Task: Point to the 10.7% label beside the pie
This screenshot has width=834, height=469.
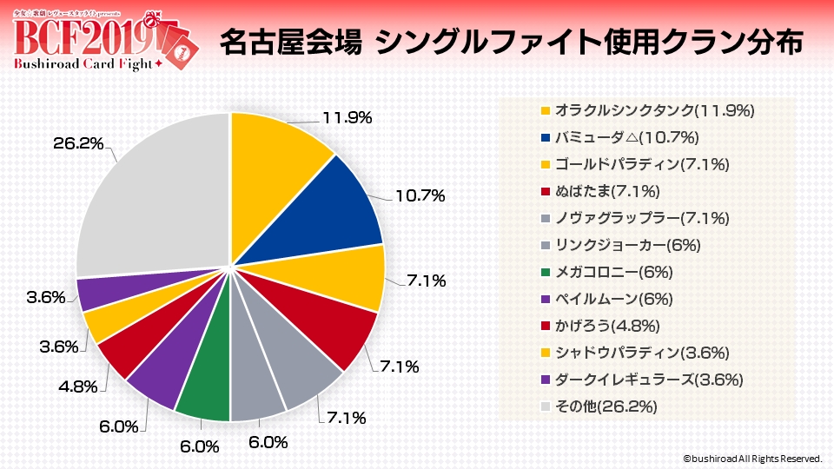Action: click(420, 197)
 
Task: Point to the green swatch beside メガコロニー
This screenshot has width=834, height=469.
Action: click(545, 273)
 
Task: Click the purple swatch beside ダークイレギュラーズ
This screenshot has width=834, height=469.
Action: click(545, 380)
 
